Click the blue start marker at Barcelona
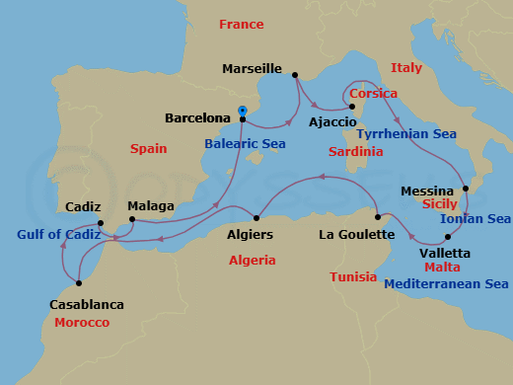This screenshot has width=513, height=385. [x=243, y=111]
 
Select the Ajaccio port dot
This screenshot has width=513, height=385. [x=352, y=106]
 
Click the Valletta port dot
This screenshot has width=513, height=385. [x=448, y=237]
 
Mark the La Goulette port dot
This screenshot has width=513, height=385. [x=378, y=216]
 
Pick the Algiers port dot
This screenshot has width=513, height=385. [x=256, y=217]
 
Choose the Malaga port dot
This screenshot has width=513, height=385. [x=130, y=221]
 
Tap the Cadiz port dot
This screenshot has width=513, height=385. [x=101, y=223]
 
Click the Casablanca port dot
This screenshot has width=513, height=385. [x=79, y=281]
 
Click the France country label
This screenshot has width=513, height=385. [x=242, y=24]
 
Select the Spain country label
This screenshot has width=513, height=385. [x=149, y=148]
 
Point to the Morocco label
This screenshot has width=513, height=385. [x=83, y=323]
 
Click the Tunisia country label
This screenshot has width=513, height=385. [x=353, y=277]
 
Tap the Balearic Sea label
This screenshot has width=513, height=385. [x=245, y=143]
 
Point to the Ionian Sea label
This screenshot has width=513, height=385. [x=475, y=219]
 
